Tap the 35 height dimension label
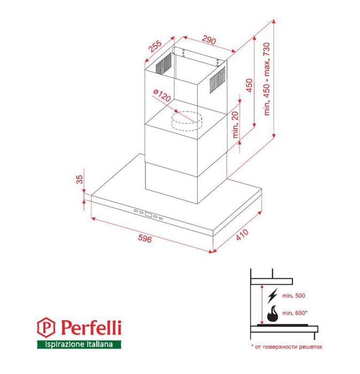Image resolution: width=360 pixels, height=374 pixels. (x=80, y=180)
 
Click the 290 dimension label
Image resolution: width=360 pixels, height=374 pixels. (x=209, y=40)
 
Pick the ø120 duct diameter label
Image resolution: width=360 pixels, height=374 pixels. (x=162, y=97)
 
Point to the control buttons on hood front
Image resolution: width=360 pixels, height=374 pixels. (x=149, y=215)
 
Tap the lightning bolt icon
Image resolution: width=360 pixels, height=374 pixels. (x=273, y=295)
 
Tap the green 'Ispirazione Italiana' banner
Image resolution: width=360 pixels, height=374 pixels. (x=79, y=345)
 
